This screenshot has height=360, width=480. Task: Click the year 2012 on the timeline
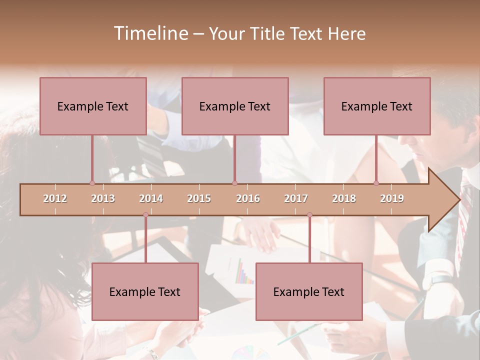(55, 199)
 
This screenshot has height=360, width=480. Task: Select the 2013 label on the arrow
(103, 199)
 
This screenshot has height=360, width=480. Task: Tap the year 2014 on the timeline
(151, 199)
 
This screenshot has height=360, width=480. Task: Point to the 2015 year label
(199, 199)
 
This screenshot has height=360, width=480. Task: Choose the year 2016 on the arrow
(248, 199)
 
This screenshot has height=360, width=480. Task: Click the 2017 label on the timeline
(296, 199)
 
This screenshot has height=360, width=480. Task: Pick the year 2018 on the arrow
(344, 199)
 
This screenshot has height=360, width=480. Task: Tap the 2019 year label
(392, 199)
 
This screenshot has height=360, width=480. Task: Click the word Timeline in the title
(150, 33)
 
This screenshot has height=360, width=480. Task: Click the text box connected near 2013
(93, 106)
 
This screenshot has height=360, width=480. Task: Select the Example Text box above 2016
(235, 106)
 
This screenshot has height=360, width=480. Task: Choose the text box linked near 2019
(377, 106)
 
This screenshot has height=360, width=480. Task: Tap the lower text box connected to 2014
(145, 291)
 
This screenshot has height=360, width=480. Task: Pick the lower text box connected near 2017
(309, 291)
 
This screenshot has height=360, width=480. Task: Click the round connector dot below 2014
(145, 215)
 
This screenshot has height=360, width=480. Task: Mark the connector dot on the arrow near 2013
(92, 183)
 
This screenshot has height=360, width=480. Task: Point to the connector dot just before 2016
(234, 183)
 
